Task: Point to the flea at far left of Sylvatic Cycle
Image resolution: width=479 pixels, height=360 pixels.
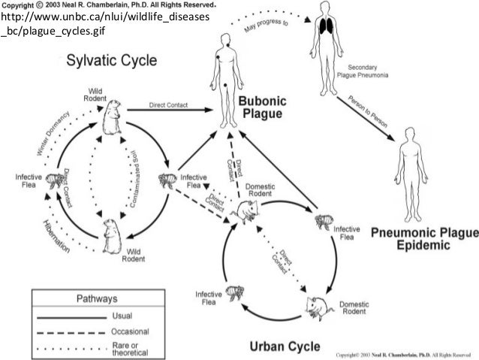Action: tap(54, 180)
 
